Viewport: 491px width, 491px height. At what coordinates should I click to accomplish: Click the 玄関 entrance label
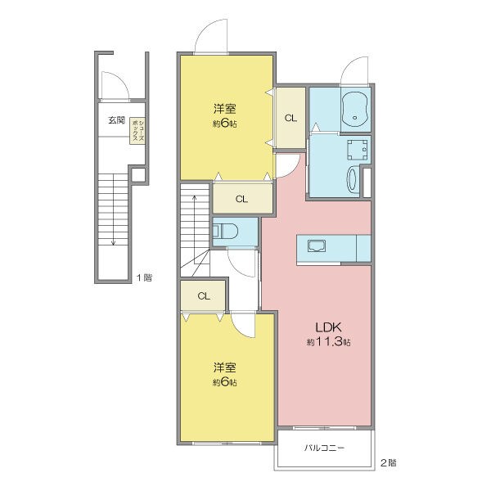point(116,120)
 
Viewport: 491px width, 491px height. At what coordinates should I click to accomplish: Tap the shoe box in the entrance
point(138,131)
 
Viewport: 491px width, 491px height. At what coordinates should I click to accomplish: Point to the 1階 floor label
point(144,277)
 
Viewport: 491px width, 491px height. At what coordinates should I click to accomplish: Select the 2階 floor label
point(388,462)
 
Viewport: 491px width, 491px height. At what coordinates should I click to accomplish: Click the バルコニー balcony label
point(324,448)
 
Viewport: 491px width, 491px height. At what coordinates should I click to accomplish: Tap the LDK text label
point(328,327)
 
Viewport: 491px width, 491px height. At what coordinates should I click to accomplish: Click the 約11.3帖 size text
point(328,342)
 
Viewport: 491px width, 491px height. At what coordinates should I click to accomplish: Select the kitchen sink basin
point(317,246)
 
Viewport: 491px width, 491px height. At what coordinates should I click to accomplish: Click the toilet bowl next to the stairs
point(227,232)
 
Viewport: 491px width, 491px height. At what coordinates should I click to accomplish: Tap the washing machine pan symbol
point(358,150)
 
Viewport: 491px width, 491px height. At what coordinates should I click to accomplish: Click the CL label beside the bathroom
point(291,119)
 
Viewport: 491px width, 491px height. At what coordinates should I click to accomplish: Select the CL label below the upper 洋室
point(242,199)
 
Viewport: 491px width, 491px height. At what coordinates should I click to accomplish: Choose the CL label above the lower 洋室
point(204,296)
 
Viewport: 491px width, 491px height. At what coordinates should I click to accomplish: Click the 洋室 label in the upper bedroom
point(225,110)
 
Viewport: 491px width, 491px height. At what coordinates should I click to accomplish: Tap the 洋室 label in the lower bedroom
point(225,368)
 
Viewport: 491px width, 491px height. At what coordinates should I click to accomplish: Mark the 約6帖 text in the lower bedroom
point(225,382)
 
